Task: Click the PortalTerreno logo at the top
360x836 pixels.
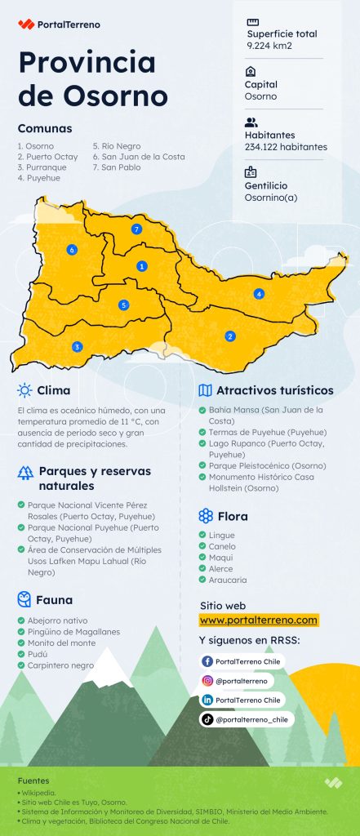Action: click(59, 24)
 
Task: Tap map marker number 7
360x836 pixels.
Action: click(137, 229)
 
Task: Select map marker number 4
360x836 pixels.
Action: click(260, 294)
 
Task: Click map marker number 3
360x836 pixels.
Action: click(77, 347)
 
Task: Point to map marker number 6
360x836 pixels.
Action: click(73, 249)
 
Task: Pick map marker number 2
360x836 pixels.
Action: click(230, 336)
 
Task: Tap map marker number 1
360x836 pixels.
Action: click(142, 266)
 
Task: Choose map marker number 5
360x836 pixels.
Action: click(124, 305)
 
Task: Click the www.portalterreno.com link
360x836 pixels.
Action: click(258, 620)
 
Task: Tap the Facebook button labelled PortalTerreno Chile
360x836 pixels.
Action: click(242, 661)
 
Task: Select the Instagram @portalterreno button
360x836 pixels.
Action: click(237, 681)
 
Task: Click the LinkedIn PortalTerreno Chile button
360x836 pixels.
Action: click(242, 700)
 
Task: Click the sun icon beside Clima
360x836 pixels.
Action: click(25, 390)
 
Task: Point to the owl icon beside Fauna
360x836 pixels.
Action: click(24, 600)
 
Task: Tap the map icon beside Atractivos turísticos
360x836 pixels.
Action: click(206, 390)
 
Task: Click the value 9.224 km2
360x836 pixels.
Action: click(269, 46)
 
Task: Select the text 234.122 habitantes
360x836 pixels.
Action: click(286, 147)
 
